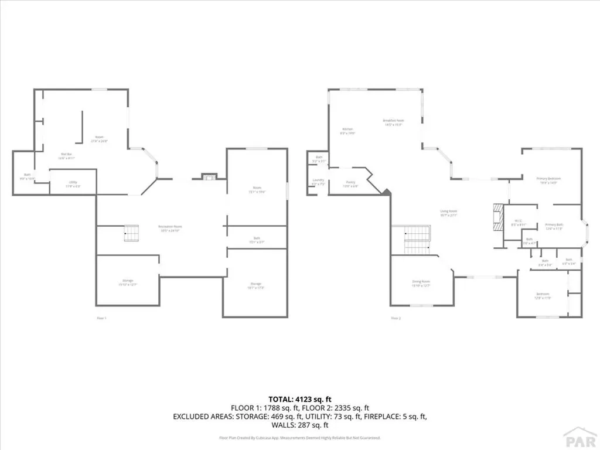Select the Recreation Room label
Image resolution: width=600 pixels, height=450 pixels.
[x=170, y=228]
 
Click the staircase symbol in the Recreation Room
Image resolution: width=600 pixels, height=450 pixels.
[x=130, y=233]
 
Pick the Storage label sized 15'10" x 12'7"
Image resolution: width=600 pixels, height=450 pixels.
[x=128, y=283]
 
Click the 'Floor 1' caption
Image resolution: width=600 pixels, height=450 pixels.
[x=101, y=318]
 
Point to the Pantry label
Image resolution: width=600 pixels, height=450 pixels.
[x=350, y=185]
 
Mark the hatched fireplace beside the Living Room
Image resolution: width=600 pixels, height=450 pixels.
[x=497, y=219]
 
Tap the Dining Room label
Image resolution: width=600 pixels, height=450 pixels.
[x=421, y=283]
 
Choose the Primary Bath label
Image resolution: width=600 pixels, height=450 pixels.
[x=554, y=227]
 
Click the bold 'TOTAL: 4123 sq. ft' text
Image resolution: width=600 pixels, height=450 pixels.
[x=299, y=399]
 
